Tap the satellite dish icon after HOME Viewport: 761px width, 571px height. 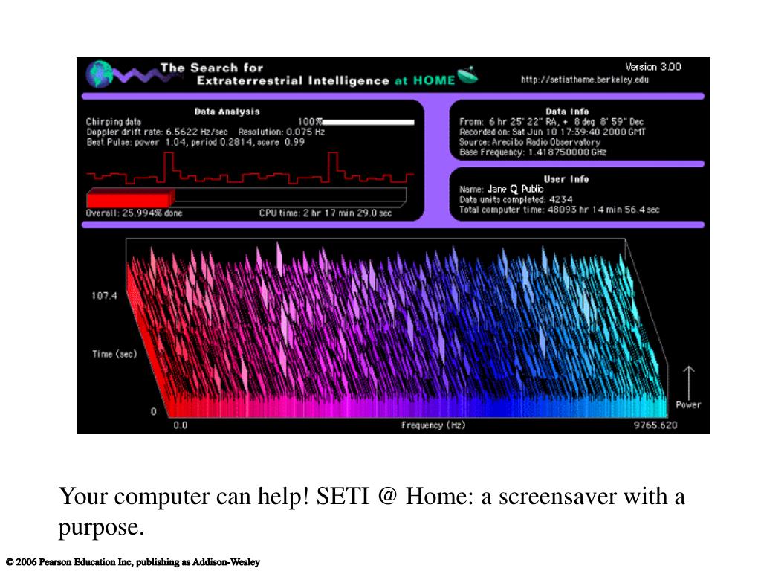[x=468, y=75]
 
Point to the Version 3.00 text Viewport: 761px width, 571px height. [x=652, y=67]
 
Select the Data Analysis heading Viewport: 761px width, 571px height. [x=227, y=112]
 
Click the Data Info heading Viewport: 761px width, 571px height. [x=567, y=112]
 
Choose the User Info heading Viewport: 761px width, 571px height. [x=567, y=179]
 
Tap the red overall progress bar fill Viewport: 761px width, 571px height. [x=130, y=198]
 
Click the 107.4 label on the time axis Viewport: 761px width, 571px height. [x=105, y=296]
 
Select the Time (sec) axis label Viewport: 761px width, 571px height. [x=114, y=354]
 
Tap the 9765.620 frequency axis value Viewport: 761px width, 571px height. [x=655, y=425]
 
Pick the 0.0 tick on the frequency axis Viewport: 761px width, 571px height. [x=181, y=425]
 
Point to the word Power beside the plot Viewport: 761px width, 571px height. [x=688, y=405]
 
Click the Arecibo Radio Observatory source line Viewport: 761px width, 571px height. [x=530, y=142]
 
